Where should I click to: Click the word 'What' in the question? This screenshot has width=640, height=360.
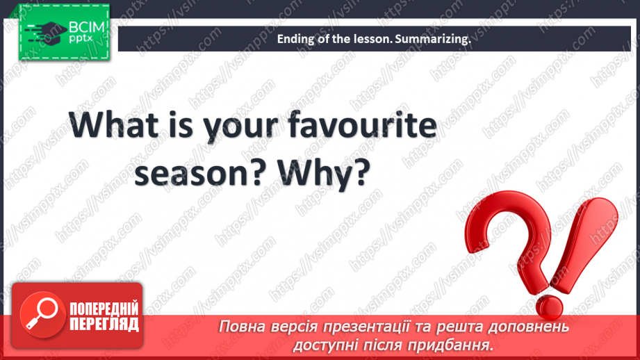[113, 124]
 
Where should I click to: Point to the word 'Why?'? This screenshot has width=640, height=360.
[324, 172]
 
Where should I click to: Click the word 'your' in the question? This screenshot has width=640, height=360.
[241, 127]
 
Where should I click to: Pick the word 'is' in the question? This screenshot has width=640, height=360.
[181, 124]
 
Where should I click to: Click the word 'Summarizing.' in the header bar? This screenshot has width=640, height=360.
[433, 39]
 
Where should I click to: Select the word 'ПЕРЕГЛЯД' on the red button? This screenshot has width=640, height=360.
[104, 325]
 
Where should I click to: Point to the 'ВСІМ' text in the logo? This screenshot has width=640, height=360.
[87, 27]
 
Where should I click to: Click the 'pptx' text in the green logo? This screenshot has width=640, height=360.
[81, 38]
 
